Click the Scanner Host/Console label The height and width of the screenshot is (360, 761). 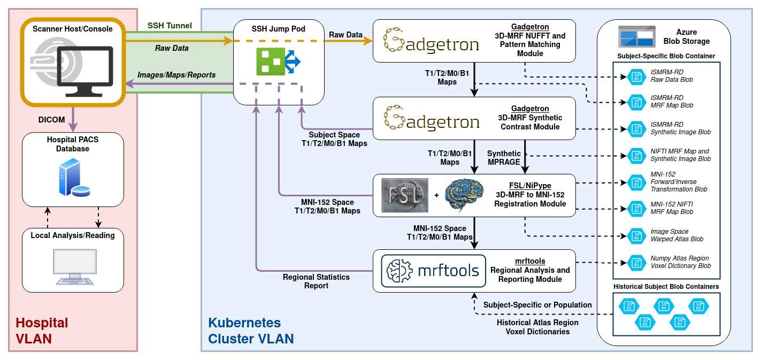(x=73, y=29)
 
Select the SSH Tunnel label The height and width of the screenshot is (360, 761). (x=170, y=26)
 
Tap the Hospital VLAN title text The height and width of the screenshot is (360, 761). (x=42, y=331)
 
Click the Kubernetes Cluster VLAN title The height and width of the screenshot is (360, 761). (x=251, y=331)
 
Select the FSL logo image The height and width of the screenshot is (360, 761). (x=405, y=195)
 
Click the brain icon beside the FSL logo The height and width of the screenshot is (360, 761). (x=464, y=195)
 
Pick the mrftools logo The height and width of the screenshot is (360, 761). (x=434, y=270)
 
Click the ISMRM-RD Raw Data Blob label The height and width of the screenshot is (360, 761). (x=672, y=75)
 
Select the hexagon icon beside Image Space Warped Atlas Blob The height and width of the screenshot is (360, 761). (x=636, y=235)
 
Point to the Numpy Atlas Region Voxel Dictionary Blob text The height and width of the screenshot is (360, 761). (x=680, y=262)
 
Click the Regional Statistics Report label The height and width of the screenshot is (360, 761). (x=316, y=281)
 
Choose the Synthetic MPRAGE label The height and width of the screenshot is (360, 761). (x=504, y=158)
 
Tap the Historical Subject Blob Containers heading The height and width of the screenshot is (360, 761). (x=666, y=287)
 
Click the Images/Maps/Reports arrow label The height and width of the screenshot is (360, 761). (x=176, y=75)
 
